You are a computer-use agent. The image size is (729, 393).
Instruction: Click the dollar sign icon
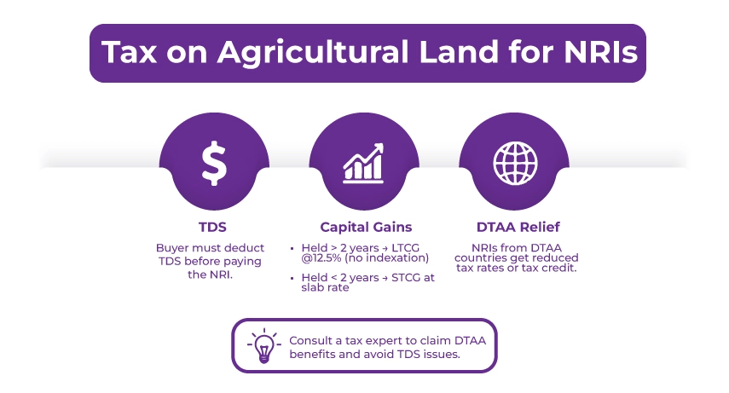tap(214, 165)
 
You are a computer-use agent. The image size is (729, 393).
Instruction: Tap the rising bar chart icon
tap(364, 165)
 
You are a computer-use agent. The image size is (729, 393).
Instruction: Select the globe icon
tap(514, 165)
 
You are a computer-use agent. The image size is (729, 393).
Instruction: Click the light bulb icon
tap(262, 346)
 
